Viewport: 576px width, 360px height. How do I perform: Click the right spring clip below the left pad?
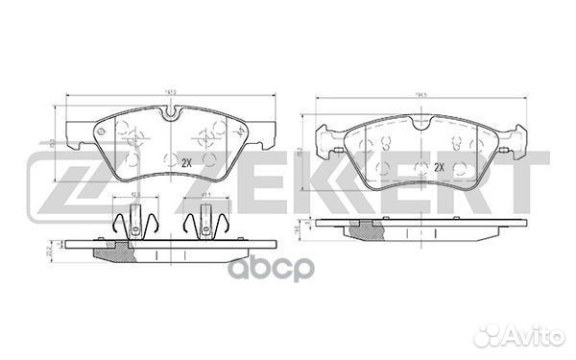[204, 224]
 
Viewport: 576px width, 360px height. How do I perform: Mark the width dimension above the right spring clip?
[204, 195]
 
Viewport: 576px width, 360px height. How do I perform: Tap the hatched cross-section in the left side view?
[113, 252]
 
